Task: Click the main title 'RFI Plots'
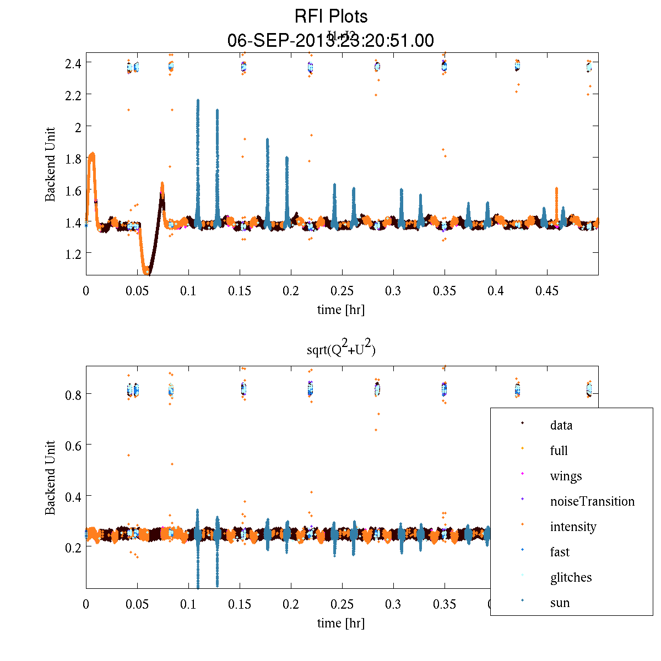(331, 17)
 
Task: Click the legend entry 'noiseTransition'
(592, 502)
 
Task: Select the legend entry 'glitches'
(571, 578)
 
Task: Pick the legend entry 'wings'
(566, 476)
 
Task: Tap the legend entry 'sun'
(560, 603)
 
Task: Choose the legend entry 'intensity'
(573, 527)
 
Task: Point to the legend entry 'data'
(561, 426)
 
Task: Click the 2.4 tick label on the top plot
(73, 63)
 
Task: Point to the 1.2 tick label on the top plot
(73, 254)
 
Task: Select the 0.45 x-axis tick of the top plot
(547, 291)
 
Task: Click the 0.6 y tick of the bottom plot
(73, 445)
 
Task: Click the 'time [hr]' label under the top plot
(340, 310)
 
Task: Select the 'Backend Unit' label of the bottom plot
(50, 478)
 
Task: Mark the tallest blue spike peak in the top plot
(198, 101)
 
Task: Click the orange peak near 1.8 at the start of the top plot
(92, 154)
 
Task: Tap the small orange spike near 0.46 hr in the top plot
(556, 189)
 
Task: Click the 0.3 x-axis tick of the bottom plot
(393, 604)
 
